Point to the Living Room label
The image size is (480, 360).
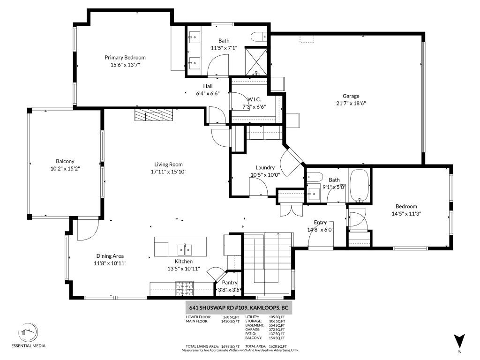pyautogui.click(x=168, y=165)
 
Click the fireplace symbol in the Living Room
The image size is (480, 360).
pyautogui.click(x=153, y=115)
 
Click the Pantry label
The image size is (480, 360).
pyautogui.click(x=230, y=283)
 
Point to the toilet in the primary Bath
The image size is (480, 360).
pyautogui.click(x=258, y=37)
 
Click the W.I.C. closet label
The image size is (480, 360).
pyautogui.click(x=254, y=99)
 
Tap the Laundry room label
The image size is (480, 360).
pyautogui.click(x=265, y=168)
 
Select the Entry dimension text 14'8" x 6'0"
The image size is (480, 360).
pyautogui.click(x=320, y=230)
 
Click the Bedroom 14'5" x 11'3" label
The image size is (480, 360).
pyautogui.click(x=406, y=207)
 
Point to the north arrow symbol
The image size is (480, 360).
pyautogui.click(x=459, y=341)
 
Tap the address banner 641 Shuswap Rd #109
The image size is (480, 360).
pyautogui.click(x=238, y=308)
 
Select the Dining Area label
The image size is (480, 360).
pyautogui.click(x=110, y=256)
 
